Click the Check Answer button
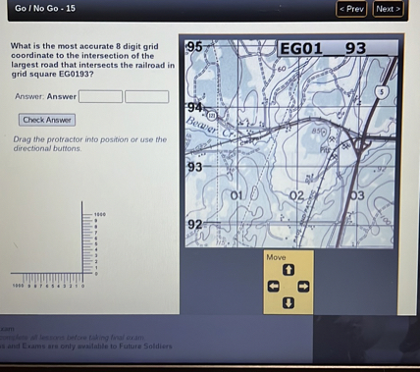tap(47, 120)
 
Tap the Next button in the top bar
tap(388, 9)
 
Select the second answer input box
tap(146, 96)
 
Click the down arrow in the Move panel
tap(289, 302)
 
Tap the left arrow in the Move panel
tap(274, 287)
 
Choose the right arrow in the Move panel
tap(303, 287)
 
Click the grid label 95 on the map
tap(194, 46)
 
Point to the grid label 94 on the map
tap(194, 106)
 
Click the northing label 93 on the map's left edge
tap(194, 167)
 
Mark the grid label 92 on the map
tap(195, 225)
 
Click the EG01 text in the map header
tap(300, 48)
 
